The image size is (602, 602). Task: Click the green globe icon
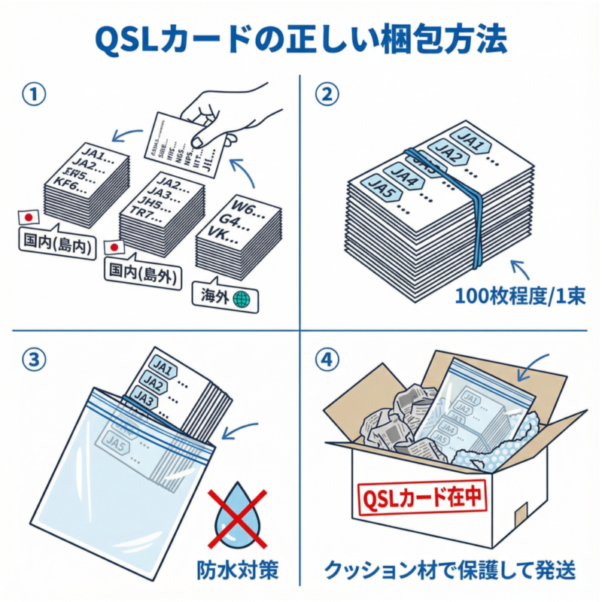click(242, 299)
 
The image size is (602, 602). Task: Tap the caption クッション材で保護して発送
click(451, 570)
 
